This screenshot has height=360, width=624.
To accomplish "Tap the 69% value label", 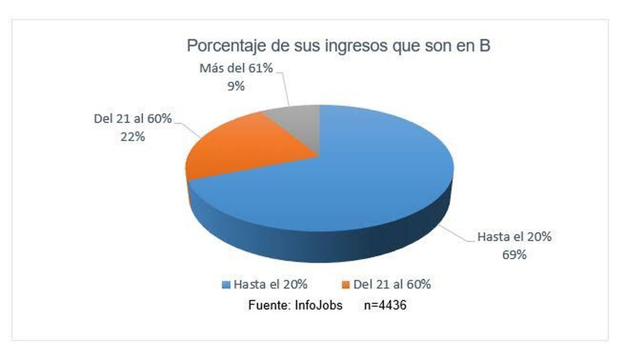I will tap(514, 255).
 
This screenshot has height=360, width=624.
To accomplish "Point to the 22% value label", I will tap(133, 137).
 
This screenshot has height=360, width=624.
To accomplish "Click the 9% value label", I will tap(236, 86).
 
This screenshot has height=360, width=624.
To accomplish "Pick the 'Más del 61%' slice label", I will tap(236, 68).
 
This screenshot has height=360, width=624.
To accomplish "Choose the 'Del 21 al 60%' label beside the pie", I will tap(133, 119).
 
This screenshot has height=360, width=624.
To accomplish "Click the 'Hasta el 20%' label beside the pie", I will tap(514, 237).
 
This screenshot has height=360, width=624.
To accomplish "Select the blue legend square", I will tap(226, 285).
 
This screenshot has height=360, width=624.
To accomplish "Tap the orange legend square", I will tap(346, 285).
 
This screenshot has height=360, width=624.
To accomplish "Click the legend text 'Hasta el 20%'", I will tap(270, 284).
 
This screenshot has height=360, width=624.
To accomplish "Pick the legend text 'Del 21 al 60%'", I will tap(392, 284).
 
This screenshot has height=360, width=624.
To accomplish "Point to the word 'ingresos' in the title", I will tap(356, 46).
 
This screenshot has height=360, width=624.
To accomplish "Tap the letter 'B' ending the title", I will tap(484, 45).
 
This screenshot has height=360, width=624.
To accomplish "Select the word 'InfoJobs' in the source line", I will tap(318, 305).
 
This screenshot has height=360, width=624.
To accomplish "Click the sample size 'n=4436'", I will tap(385, 305).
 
